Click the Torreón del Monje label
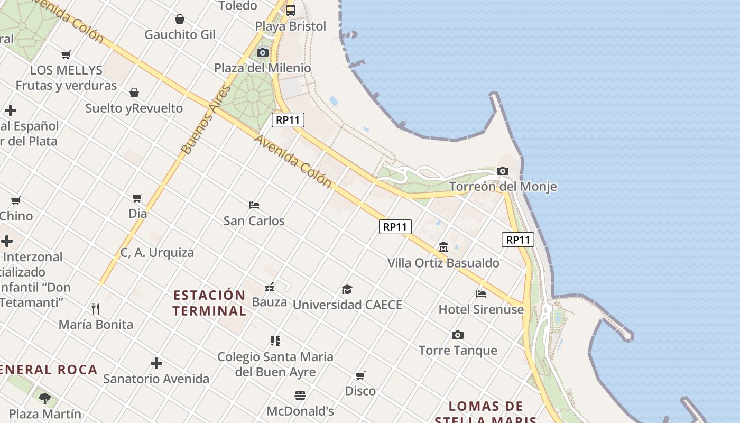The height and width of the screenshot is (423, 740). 503,187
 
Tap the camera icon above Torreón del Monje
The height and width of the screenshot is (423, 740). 503,171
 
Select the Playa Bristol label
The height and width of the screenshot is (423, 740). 291,26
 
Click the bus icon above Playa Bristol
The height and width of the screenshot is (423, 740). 291,10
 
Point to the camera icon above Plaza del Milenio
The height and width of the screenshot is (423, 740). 263,52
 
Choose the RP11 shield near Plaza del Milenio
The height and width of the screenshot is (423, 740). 288,120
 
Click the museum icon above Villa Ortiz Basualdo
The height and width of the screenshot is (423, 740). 443,247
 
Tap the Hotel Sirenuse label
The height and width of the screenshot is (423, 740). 481,309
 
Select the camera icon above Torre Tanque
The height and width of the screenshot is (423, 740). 458,335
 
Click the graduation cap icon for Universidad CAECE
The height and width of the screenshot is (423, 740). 347,289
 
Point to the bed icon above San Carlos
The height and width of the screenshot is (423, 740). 254,205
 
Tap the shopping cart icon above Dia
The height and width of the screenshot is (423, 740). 137,198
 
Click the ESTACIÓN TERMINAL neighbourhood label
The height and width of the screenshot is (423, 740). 209,303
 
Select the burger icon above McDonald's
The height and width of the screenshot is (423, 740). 300,396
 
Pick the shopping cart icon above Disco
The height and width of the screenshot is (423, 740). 360,375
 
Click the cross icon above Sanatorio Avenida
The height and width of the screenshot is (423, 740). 156,363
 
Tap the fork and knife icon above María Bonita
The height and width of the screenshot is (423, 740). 96,308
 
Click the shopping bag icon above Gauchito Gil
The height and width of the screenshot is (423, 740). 180,19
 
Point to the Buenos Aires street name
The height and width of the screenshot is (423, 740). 206,119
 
